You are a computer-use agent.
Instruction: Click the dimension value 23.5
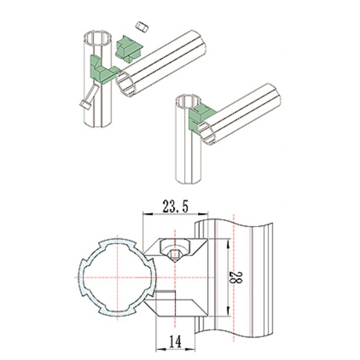(176, 206)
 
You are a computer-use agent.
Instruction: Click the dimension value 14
(176, 341)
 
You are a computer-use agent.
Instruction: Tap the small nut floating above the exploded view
(142, 27)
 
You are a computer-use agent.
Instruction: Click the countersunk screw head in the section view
(175, 249)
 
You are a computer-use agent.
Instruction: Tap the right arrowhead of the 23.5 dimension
(203, 214)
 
